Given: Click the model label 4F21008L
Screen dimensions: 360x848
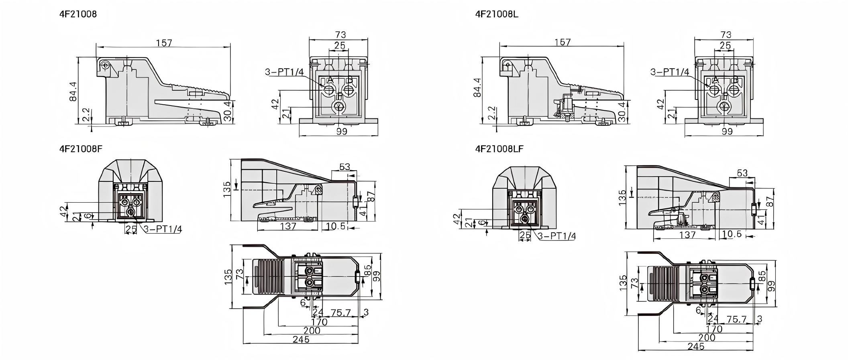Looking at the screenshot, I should click(497, 14).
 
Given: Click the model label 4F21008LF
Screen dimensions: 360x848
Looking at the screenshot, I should click(499, 149).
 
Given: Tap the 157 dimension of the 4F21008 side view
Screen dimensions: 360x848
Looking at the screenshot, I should click(164, 43).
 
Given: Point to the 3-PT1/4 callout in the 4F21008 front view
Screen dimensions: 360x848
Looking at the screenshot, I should click(284, 72).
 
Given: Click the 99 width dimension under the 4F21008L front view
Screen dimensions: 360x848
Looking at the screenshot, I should click(727, 132).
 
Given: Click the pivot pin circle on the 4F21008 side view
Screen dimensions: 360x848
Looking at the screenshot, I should click(105, 65).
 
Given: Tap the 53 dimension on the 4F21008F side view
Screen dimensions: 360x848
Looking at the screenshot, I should click(345, 167).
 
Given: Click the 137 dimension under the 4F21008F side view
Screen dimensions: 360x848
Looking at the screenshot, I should click(288, 226).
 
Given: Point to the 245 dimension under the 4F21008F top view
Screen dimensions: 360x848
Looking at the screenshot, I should click(301, 340).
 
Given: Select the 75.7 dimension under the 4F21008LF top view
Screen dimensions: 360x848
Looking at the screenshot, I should click(736, 319).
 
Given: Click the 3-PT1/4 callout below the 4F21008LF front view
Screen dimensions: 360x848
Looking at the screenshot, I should click(556, 236).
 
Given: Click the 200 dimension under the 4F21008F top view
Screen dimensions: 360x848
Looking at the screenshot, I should click(312, 330).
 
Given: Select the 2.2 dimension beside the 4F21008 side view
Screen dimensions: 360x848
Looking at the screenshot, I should click(86, 115).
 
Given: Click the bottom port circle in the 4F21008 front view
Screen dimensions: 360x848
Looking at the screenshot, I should click(339, 107).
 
